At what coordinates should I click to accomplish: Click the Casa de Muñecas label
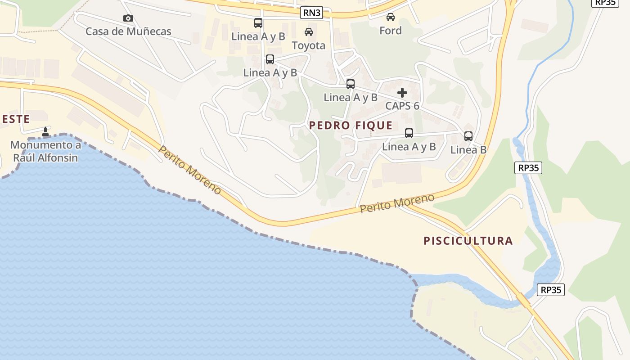pyautogui.click(x=128, y=31)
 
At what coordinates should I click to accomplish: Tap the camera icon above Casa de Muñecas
pyautogui.click(x=128, y=18)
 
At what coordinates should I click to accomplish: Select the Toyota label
pyautogui.click(x=309, y=45)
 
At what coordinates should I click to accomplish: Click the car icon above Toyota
pyautogui.click(x=309, y=32)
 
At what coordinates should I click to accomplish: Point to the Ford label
pyautogui.click(x=390, y=31)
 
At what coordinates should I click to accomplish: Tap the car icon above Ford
pyautogui.click(x=390, y=17)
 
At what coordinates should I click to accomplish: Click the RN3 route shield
pyautogui.click(x=312, y=13)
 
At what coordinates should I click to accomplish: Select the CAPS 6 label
pyautogui.click(x=402, y=106)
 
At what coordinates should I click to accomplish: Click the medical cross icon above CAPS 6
pyautogui.click(x=402, y=93)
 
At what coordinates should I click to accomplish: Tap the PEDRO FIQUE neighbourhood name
pyautogui.click(x=351, y=126)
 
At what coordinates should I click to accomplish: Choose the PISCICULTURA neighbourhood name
pyautogui.click(x=468, y=241)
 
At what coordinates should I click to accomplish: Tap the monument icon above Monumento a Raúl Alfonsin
pyautogui.click(x=45, y=132)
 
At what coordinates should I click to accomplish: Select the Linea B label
pyautogui.click(x=468, y=150)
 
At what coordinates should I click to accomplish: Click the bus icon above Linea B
pyautogui.click(x=468, y=136)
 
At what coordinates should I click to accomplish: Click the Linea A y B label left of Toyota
pyautogui.click(x=258, y=36)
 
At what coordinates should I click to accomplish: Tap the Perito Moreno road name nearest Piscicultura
pyautogui.click(x=397, y=203)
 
